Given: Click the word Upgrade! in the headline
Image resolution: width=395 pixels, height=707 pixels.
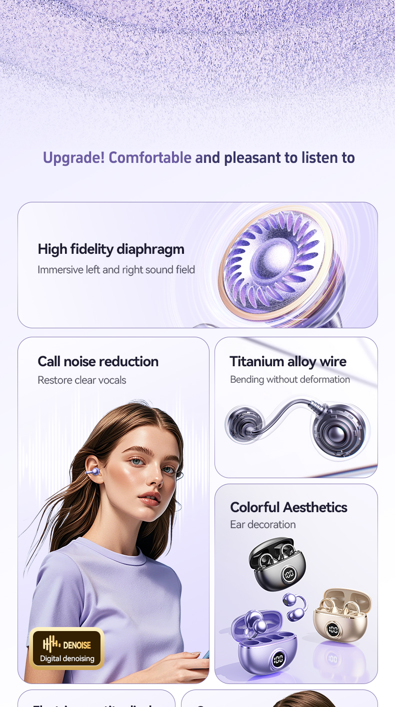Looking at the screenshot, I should point(73,158).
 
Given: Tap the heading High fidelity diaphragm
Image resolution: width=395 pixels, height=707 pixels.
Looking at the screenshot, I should point(111,249).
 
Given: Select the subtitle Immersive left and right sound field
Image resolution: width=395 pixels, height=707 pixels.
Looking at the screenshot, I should point(116,270).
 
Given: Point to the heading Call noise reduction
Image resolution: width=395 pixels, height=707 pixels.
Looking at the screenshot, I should point(98,361).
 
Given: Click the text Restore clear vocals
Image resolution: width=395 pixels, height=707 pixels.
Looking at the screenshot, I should point(82,380).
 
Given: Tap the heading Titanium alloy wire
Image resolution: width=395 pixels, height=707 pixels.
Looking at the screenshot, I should point(288,361).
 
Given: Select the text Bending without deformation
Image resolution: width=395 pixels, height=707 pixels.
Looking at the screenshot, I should point(290,380).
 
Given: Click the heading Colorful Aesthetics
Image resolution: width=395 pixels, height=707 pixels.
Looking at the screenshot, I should point(288,507).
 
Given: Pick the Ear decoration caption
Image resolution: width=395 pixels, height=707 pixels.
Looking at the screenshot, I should point(263,525).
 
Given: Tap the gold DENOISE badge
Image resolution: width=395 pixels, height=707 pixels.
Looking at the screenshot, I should point(67,648).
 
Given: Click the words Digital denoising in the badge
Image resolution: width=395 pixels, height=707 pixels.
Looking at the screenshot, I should point(67,659).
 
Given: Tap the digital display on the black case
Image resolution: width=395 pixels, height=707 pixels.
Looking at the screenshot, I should point(289,575).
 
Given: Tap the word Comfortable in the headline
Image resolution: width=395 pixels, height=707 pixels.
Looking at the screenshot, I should point(150,158).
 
